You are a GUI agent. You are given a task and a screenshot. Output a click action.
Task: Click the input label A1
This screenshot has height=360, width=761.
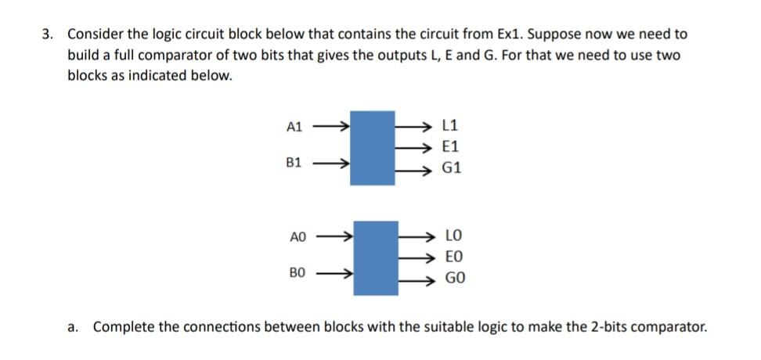(x=294, y=126)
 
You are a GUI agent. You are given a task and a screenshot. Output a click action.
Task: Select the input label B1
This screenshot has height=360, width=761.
(x=294, y=164)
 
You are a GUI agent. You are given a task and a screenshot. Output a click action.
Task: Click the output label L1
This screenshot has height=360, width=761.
(x=452, y=124)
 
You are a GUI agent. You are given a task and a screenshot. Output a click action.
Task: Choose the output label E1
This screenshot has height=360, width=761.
(x=452, y=146)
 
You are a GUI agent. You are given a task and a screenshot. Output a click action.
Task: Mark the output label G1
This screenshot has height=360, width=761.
(x=453, y=167)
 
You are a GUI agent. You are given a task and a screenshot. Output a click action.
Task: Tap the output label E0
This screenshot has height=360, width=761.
(x=453, y=256)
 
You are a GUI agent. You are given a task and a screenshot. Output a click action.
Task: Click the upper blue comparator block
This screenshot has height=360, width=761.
(x=372, y=147)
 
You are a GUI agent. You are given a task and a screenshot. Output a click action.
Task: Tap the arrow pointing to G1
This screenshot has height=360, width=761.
(x=415, y=168)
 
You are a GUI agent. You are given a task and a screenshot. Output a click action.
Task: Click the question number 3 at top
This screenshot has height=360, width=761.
(x=49, y=35)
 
